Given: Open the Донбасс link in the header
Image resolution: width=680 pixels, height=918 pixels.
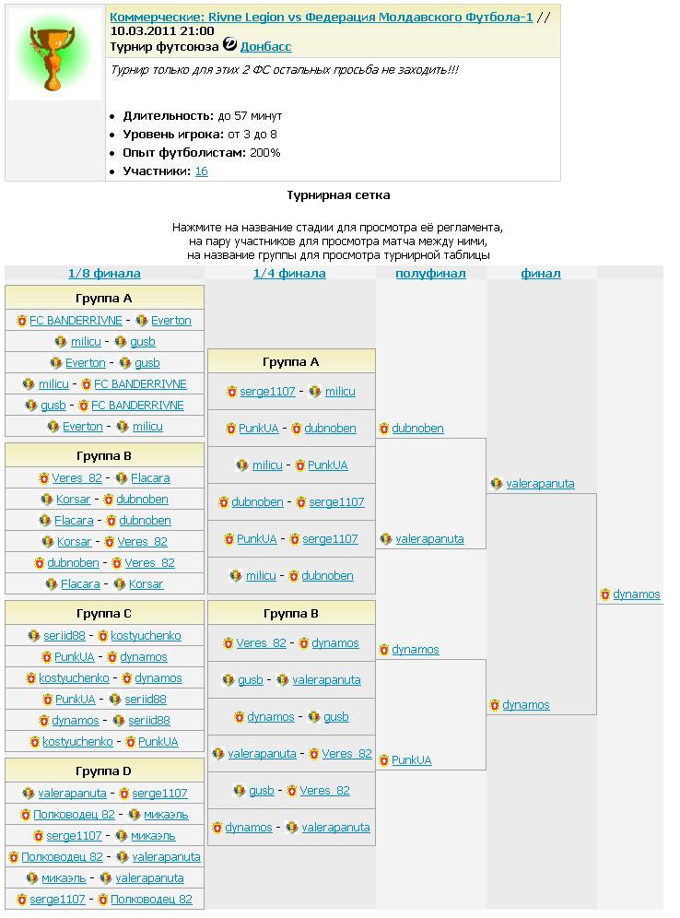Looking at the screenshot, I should tap(265, 46).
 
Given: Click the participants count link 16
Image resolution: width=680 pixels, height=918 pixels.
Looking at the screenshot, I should tap(201, 171).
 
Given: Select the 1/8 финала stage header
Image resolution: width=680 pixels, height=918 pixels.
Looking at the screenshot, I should tap(104, 274).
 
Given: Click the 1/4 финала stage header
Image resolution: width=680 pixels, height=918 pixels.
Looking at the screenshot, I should tap(289, 274).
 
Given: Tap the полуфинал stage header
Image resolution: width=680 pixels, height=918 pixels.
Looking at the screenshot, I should tap(430, 274).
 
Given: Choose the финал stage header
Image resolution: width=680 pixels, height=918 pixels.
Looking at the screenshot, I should tap(540, 274).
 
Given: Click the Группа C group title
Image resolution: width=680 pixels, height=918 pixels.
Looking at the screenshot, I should tap(104, 614).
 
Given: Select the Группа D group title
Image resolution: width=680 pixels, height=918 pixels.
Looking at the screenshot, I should tap(104, 771).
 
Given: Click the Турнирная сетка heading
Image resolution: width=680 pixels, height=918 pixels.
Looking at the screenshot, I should tap(337, 195).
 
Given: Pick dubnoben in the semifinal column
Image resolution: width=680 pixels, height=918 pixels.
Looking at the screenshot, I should tap(417, 429).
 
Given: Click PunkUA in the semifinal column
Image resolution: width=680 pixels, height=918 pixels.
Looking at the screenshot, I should tap(411, 760).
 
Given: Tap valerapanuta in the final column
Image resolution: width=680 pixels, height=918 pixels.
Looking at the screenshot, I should tap(540, 484).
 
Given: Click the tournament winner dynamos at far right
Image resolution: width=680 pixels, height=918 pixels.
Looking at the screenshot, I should tap(636, 594).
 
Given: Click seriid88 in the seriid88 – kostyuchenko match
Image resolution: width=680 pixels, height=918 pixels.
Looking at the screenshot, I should tap(64, 636).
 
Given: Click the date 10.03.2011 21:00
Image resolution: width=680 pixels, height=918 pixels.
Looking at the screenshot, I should tap(162, 30).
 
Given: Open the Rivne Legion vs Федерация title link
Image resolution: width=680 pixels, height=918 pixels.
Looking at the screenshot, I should tap(321, 17).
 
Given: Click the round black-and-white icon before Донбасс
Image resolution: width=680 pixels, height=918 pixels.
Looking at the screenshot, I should tap(230, 45).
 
